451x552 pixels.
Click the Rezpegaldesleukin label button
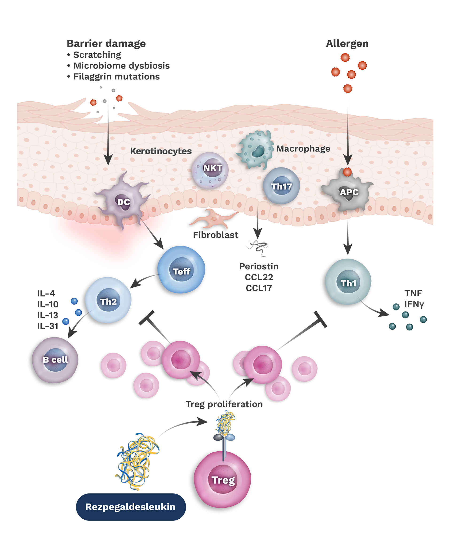(x=131, y=507)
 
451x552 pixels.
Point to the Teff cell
(x=181, y=270)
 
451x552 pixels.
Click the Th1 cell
(x=348, y=283)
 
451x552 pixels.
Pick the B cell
(x=55, y=360)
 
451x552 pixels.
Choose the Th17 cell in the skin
(x=281, y=186)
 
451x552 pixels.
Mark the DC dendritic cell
(x=123, y=202)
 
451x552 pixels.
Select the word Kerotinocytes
(x=161, y=151)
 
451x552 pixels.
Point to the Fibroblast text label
(x=216, y=235)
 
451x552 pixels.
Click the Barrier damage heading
(x=106, y=44)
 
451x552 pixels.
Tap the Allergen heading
(x=347, y=44)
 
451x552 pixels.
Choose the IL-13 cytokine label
(x=47, y=315)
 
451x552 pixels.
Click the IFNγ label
(x=414, y=304)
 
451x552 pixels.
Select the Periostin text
(x=259, y=266)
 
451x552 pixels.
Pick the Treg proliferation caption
(x=224, y=404)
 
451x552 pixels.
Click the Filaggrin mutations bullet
(x=116, y=76)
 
